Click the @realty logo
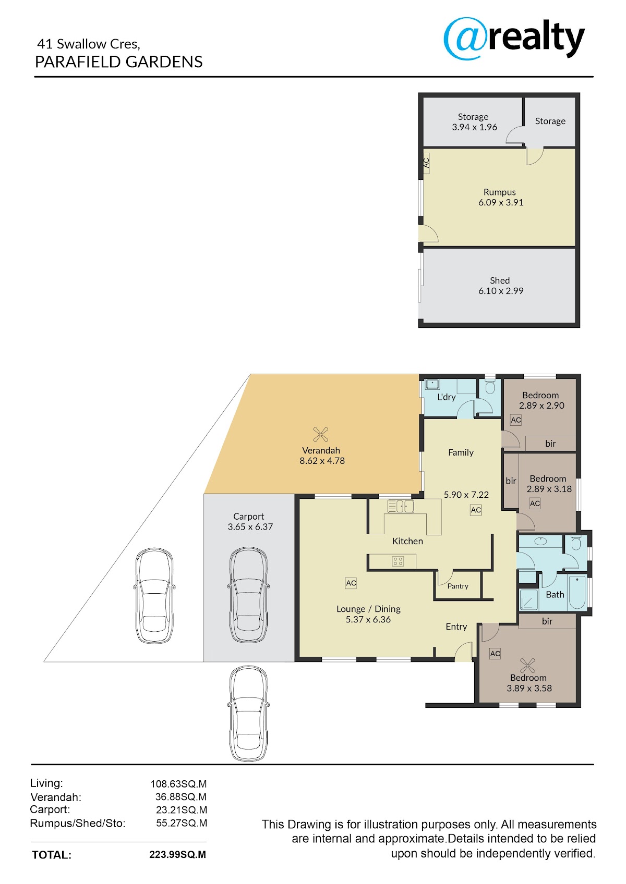coord(514,38)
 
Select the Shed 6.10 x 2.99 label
coord(500,286)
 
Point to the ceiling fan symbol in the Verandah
coord(320,435)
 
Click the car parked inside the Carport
coord(248,595)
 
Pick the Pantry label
coord(458,586)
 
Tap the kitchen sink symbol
coord(401,506)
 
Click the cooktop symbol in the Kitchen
coord(398,561)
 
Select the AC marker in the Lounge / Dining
coord(351,583)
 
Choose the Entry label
coord(456,627)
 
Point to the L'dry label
coord(447,397)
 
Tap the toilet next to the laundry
coord(490,387)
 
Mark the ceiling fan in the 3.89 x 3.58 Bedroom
coord(527,666)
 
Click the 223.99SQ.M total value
coord(178,854)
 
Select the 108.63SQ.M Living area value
coord(178,784)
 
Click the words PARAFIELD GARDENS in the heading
coord(119,62)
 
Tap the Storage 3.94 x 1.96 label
coord(474,122)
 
